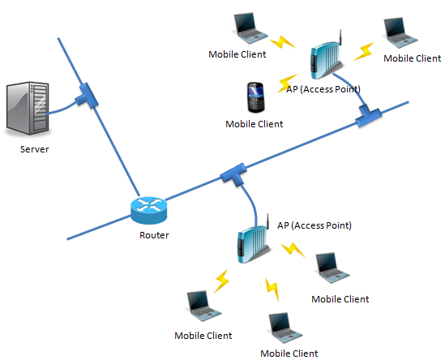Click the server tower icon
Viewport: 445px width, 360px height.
(x=28, y=108)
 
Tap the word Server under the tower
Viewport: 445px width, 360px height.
(x=34, y=149)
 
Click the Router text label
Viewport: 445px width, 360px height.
(x=154, y=235)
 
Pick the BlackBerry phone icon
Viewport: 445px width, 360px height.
(x=256, y=97)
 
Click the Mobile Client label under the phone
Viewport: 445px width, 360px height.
(x=255, y=124)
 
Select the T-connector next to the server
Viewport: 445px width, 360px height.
(x=87, y=96)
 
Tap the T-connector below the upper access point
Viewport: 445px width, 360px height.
(x=368, y=116)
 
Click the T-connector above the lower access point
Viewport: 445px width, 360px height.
(x=234, y=174)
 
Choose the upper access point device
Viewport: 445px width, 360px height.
(x=327, y=58)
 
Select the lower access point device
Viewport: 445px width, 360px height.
(x=253, y=241)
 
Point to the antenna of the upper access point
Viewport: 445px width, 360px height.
(x=340, y=37)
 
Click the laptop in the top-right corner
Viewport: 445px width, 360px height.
(x=400, y=32)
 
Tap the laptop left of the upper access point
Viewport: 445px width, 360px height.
(x=250, y=28)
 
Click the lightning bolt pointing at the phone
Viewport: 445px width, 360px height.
(x=287, y=83)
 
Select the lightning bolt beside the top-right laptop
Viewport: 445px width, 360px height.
(x=364, y=52)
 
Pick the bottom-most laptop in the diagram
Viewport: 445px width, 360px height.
(x=285, y=328)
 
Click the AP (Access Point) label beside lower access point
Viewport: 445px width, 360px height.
(x=314, y=225)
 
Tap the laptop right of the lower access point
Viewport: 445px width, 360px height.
(x=332, y=268)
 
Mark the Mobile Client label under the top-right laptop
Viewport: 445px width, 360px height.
(x=413, y=58)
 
